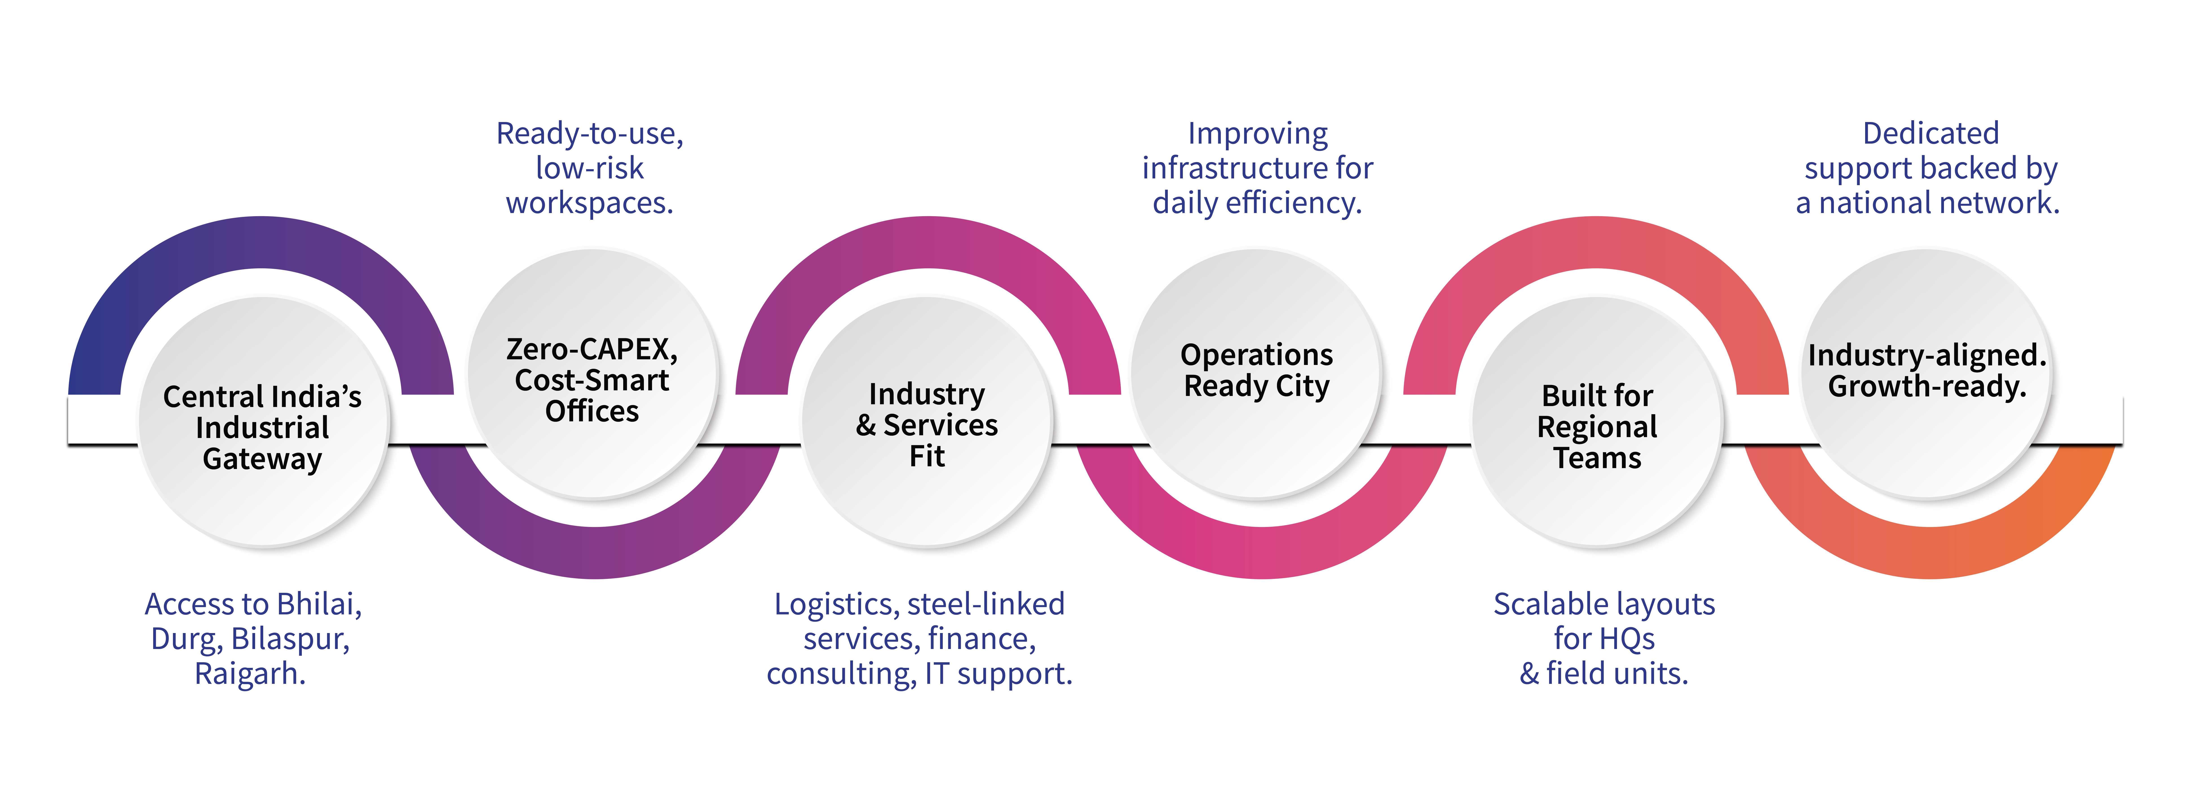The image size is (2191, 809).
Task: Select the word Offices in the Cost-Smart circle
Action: [592, 412]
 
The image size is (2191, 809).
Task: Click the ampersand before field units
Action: [1529, 674]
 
